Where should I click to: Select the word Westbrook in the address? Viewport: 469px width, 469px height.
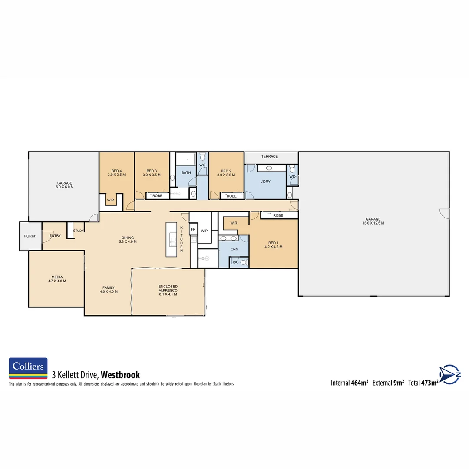(x=120, y=375)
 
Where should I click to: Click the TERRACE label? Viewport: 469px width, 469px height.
(x=269, y=156)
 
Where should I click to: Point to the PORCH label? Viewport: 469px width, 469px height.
(x=30, y=236)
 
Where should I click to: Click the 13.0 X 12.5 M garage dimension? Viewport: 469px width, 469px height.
(x=373, y=223)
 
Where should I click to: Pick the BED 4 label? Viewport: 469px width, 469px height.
(x=116, y=171)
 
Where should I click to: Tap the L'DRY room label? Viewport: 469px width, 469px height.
(x=265, y=182)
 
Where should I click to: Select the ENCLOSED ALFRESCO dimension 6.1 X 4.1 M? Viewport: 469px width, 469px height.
(x=168, y=294)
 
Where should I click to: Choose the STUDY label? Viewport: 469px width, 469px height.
(x=79, y=231)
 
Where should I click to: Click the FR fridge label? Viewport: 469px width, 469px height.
(x=193, y=229)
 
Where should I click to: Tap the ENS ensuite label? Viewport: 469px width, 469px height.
(x=234, y=250)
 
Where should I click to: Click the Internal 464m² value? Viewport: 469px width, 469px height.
(x=359, y=383)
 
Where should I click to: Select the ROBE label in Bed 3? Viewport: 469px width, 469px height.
(x=157, y=196)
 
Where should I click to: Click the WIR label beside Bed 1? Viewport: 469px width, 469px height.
(x=234, y=223)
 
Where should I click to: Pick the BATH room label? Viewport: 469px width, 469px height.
(x=186, y=173)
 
